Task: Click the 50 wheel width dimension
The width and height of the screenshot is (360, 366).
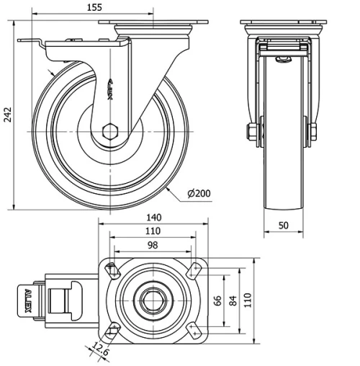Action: (283, 226)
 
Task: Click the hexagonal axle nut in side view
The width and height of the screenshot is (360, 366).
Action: (110, 131)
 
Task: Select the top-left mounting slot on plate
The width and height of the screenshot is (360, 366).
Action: (112, 272)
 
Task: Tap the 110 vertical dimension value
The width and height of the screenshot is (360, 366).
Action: (248, 300)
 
